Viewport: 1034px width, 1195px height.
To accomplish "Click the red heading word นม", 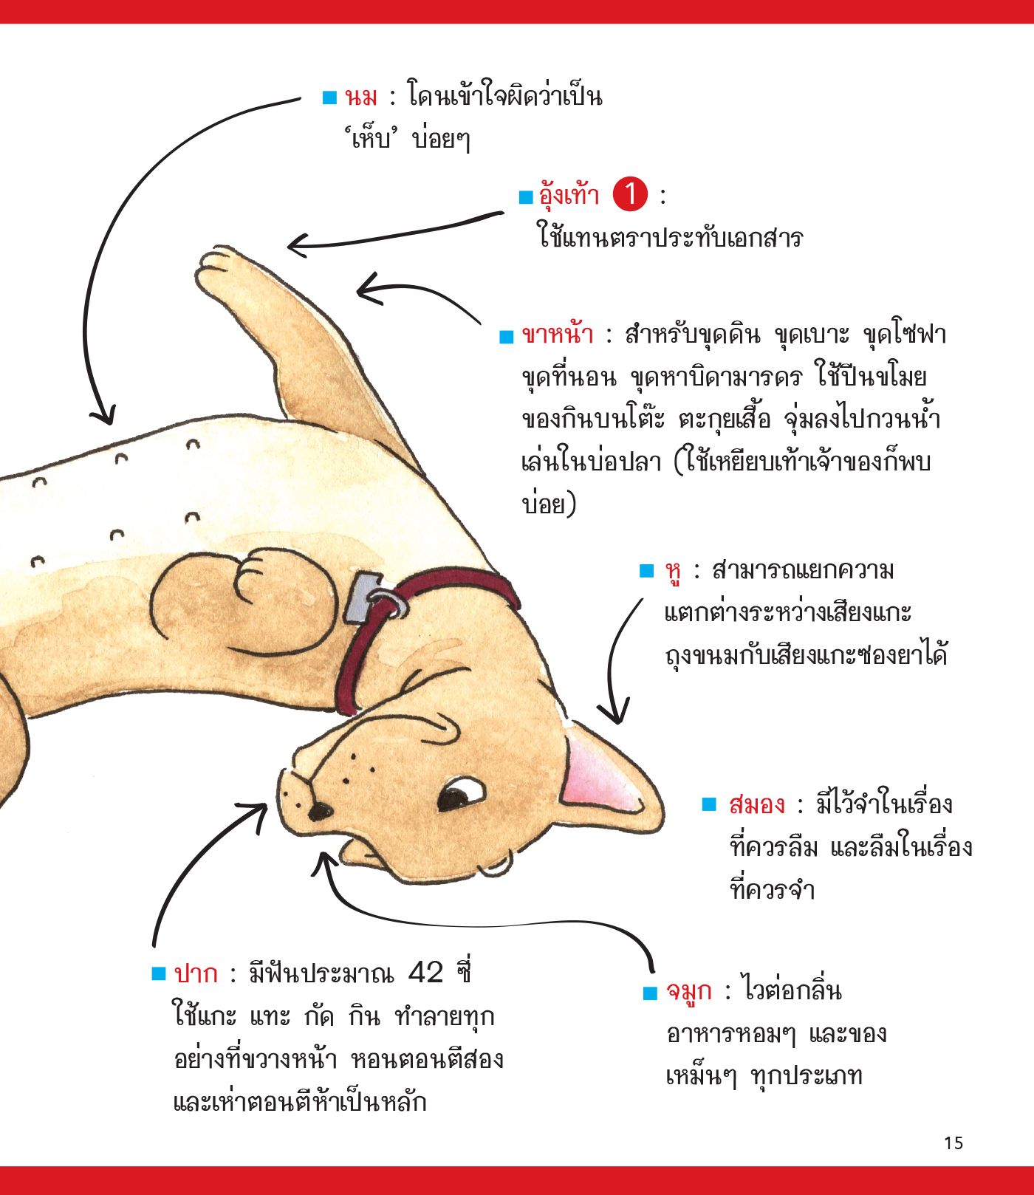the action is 361,97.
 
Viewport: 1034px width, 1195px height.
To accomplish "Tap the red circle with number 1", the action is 630,195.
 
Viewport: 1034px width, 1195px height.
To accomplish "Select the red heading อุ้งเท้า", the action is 569,196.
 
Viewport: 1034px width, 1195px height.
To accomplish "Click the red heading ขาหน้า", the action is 557,335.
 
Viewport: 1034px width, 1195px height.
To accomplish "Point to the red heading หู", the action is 673,573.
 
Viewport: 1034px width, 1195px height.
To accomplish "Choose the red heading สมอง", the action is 756,804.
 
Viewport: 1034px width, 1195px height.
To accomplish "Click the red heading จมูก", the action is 689,992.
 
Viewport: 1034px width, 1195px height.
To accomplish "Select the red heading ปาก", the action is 196,973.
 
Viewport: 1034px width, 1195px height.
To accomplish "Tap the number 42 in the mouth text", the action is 425,973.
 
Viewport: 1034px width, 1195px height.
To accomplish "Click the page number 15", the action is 953,1143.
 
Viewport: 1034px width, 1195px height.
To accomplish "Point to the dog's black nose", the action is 319,811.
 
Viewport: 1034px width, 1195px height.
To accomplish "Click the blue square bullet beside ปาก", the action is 159,973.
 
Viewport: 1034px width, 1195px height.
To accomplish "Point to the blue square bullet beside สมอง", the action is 710,804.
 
